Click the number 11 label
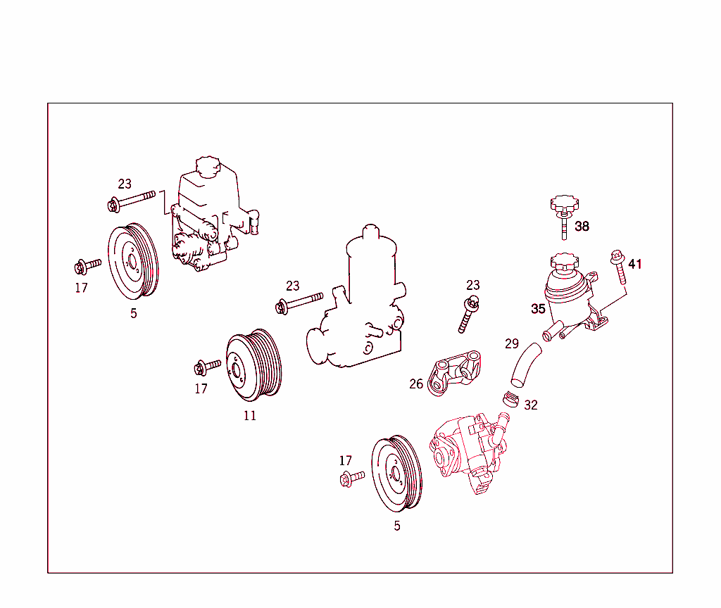250,416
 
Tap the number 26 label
416,384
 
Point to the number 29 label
512,344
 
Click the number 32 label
531,405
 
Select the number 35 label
538,309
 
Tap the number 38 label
582,227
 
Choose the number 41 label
635,265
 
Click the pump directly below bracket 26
468,450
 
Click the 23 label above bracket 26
473,285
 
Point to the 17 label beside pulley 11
201,388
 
